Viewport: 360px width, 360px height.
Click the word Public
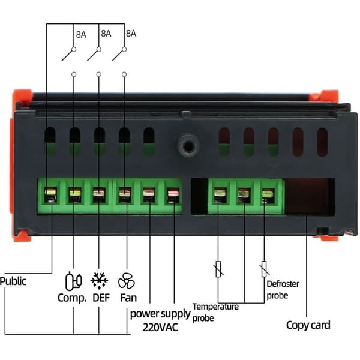[x=13, y=281]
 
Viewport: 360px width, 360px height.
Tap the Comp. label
[x=72, y=298]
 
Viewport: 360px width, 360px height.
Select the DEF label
[x=101, y=298]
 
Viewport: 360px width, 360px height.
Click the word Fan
[x=128, y=298]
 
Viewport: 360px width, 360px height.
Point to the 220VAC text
[x=160, y=327]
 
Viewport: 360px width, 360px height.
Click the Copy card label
[x=308, y=325]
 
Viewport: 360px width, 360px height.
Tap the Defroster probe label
[x=283, y=290]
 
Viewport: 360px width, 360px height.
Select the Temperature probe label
[x=215, y=313]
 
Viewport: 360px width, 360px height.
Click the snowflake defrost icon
[x=99, y=281]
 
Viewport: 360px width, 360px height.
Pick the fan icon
[x=127, y=281]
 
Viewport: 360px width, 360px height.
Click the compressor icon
[x=73, y=281]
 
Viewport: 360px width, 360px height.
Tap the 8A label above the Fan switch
[x=131, y=34]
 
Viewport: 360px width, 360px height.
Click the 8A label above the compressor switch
[x=81, y=34]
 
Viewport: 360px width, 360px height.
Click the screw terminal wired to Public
[x=50, y=195]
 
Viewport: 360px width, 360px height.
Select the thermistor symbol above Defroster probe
[x=264, y=269]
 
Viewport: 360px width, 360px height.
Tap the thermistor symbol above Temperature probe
[x=218, y=269]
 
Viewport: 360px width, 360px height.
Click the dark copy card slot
[x=310, y=196]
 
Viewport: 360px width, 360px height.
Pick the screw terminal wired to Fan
[x=125, y=195]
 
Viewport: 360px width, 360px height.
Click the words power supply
[x=160, y=314]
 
